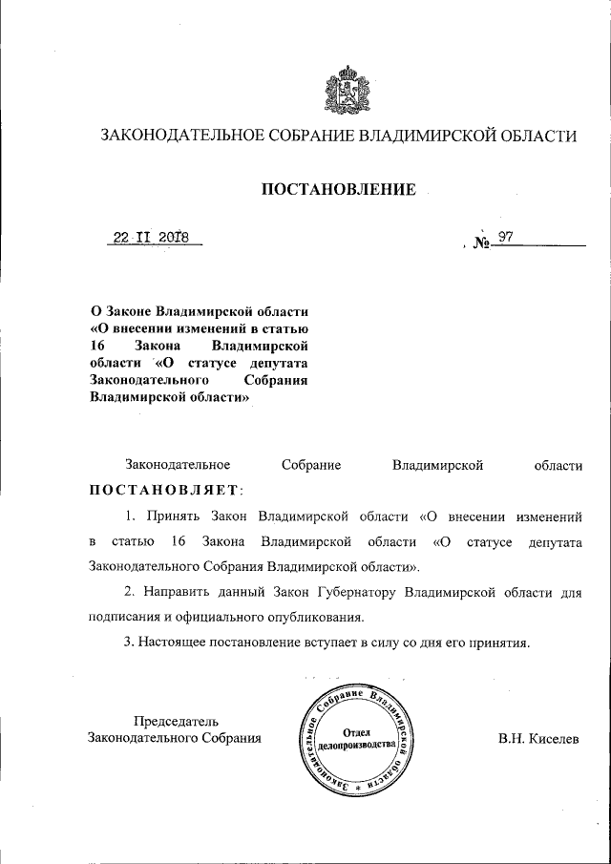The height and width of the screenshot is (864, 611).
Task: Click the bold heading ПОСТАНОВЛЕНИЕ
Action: tap(339, 190)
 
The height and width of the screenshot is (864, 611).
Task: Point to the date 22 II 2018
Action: tap(152, 237)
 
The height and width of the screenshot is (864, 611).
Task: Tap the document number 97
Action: tap(505, 237)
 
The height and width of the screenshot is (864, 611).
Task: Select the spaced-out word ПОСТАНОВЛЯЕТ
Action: tap(166, 491)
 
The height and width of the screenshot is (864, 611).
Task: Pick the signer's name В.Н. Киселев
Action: tap(537, 738)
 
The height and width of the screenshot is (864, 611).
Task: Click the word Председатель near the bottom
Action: tap(176, 720)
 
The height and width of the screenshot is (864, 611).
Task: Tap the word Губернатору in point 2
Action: tap(353, 593)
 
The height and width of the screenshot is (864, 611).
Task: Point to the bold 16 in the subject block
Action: tap(96, 346)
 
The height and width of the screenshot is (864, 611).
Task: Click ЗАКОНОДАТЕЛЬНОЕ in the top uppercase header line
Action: tap(182, 137)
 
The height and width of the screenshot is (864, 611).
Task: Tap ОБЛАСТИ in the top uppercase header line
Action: tap(536, 137)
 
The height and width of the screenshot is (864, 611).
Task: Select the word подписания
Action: tap(126, 616)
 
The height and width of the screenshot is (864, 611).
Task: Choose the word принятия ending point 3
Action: tap(496, 643)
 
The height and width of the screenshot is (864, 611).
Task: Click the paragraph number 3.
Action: tap(127, 643)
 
